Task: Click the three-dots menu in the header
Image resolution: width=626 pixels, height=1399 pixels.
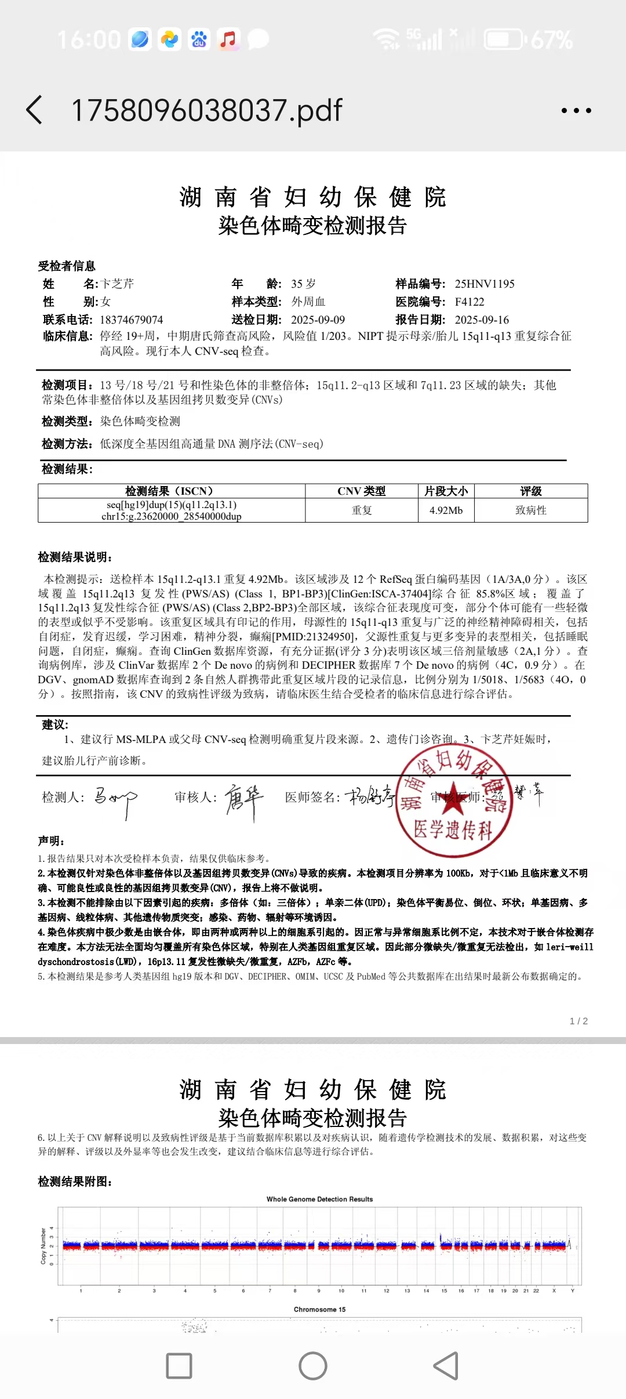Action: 576,110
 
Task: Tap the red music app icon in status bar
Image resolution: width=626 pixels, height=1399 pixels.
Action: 228,39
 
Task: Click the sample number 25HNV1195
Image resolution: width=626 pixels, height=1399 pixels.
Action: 485,284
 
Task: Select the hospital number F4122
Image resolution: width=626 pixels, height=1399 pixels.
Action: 469,302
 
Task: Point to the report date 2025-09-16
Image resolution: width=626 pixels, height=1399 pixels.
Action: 482,320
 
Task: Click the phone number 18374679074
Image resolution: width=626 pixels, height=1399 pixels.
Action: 132,320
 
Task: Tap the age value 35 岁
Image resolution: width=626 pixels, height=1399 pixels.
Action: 303,284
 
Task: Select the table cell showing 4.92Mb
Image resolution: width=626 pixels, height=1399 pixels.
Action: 446,510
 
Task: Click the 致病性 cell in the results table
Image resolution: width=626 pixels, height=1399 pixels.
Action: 531,510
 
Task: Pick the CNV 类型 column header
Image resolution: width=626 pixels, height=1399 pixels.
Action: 362,491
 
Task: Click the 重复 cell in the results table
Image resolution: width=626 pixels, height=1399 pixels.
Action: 362,510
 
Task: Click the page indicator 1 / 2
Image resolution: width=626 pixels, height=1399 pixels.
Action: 578,1021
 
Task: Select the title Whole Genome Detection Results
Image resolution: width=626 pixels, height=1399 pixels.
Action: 319,1199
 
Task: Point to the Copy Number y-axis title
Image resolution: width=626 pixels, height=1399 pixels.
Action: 43,1245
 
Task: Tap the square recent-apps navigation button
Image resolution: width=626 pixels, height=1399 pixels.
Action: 179,1366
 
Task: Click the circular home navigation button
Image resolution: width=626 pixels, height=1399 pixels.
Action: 313,1366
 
